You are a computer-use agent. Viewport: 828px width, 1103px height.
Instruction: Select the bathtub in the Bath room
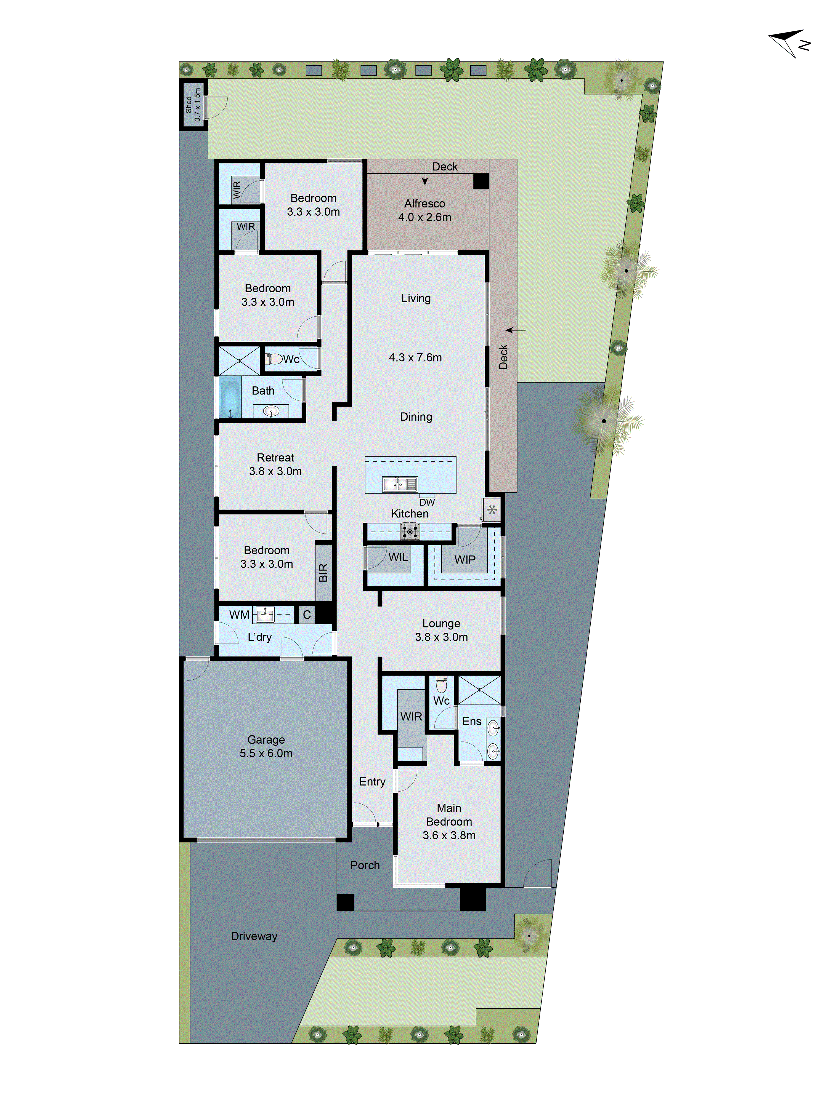point(230,398)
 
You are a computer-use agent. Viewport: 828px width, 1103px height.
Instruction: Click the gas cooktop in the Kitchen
point(409,532)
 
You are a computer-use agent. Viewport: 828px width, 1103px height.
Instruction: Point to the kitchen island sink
point(399,484)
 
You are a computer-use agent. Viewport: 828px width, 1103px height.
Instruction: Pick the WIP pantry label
point(465,559)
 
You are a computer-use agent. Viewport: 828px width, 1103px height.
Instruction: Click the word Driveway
point(254,936)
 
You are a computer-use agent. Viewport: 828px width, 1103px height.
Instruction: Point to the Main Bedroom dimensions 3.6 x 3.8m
point(449,835)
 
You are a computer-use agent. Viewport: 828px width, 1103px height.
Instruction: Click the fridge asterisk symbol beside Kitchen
point(492,510)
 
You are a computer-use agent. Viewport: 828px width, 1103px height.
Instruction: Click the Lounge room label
point(441,623)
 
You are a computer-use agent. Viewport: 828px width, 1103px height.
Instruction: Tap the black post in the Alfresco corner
point(481,181)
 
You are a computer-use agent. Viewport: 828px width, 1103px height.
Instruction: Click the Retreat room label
point(275,457)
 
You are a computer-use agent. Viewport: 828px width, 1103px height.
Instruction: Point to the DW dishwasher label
point(427,502)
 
